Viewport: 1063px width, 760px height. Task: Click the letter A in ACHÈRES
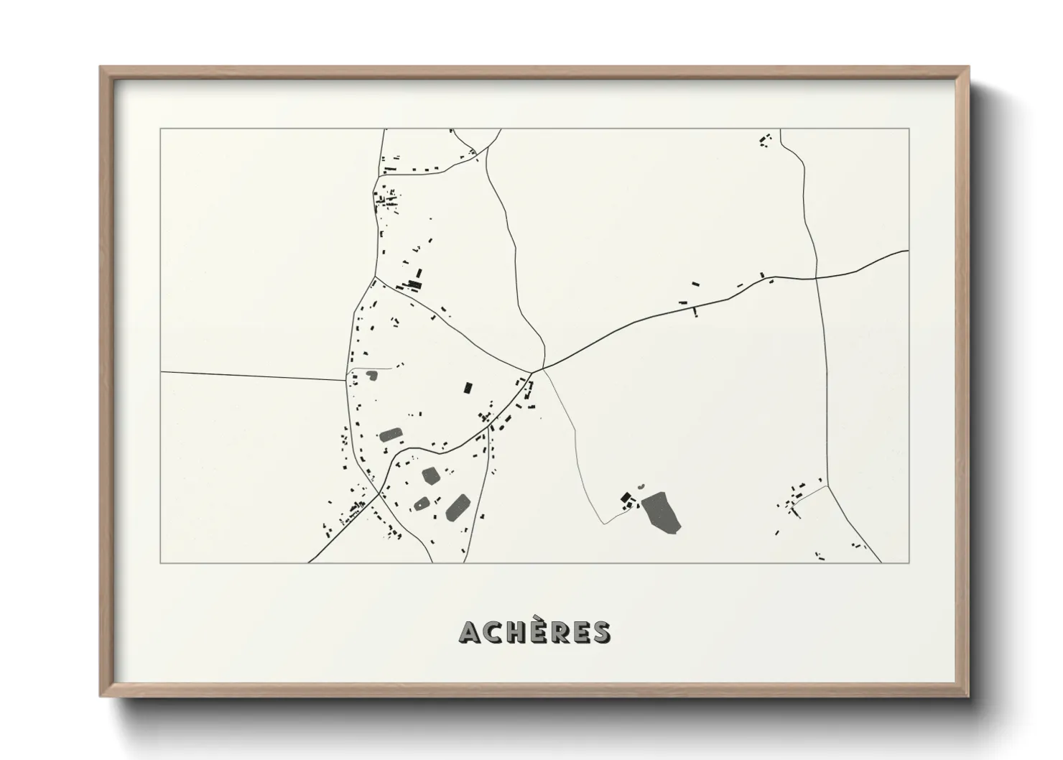tap(470, 632)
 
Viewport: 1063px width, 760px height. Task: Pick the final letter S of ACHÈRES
tap(600, 632)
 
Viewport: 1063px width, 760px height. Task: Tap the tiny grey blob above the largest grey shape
tap(641, 487)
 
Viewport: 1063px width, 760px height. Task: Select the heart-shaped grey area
tap(371, 374)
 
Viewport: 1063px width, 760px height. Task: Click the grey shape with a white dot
tap(422, 503)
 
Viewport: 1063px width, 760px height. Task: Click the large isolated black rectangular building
tap(468, 388)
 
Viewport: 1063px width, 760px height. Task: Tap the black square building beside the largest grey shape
tap(625, 497)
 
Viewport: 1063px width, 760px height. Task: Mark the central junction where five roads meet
tap(533, 371)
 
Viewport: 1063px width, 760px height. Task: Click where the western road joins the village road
tap(347, 380)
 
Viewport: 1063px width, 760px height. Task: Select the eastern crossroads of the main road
tap(817, 277)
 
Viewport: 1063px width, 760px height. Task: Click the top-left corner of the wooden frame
tap(101, 68)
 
